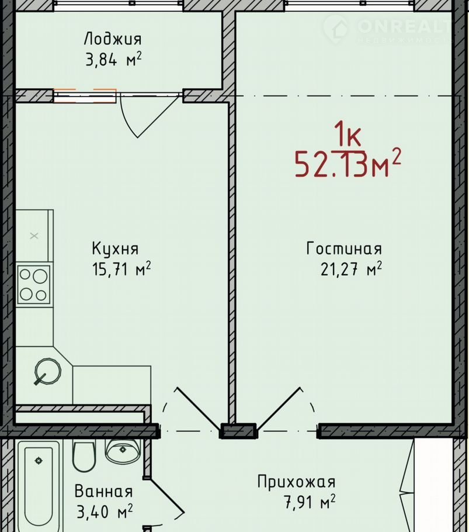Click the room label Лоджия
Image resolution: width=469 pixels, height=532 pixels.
tap(113, 39)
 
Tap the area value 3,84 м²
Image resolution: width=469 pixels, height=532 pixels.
tap(113, 60)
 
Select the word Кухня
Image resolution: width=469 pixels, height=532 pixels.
tap(115, 248)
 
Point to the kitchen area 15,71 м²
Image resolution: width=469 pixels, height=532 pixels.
tap(121, 270)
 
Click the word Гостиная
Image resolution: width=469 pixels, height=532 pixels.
tap(344, 248)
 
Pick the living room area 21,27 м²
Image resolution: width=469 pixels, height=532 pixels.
tap(351, 270)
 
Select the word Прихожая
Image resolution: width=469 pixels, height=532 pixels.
tap(296, 482)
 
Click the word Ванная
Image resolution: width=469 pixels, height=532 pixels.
tap(103, 491)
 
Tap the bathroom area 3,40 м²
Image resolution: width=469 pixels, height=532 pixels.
tap(105, 512)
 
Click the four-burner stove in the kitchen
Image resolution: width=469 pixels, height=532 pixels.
tap(33, 284)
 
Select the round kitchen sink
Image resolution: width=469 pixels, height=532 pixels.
tap(48, 371)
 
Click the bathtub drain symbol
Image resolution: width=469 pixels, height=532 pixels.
tap(39, 461)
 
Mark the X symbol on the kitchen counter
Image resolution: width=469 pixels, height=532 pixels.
tap(34, 236)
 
